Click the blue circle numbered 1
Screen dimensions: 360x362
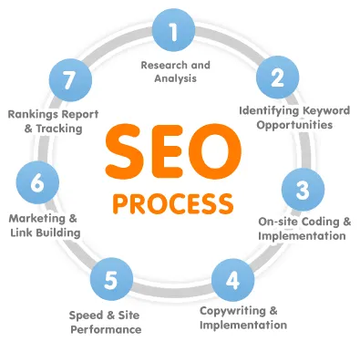coord(173,33)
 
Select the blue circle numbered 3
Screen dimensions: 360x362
coord(302,189)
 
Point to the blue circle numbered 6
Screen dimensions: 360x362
coord(37,181)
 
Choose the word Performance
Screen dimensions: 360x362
coord(107,328)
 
